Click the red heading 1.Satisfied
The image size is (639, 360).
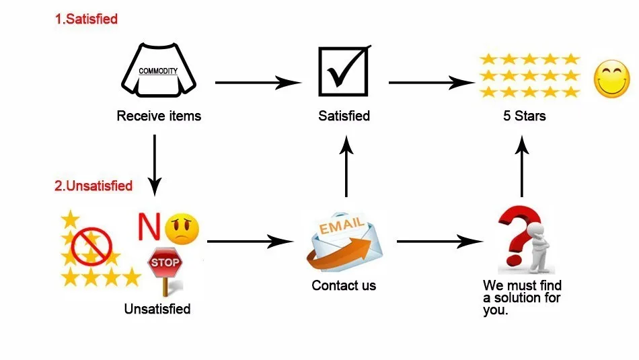coord(86,19)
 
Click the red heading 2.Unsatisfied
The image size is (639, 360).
coord(93,186)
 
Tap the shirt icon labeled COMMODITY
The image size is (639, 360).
coord(158,71)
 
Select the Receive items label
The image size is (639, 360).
coord(159,116)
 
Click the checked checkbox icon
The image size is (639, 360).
coord(343,71)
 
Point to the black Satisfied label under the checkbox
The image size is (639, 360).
coord(344,116)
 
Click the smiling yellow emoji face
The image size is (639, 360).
coord(611,78)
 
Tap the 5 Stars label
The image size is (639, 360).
coord(524,116)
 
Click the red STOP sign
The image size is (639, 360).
coord(163,262)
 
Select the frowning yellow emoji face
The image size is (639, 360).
coord(182,229)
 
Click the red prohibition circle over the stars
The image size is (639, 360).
coord(91,245)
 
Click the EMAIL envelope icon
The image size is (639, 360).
coord(343,243)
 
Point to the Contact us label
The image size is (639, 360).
coord(344,285)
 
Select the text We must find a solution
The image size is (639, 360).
coord(522,298)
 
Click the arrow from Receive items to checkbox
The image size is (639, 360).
coord(258,83)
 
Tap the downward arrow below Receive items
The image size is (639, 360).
coord(155,163)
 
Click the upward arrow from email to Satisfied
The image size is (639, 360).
coord(346,168)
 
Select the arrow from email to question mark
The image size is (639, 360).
coord(441,240)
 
